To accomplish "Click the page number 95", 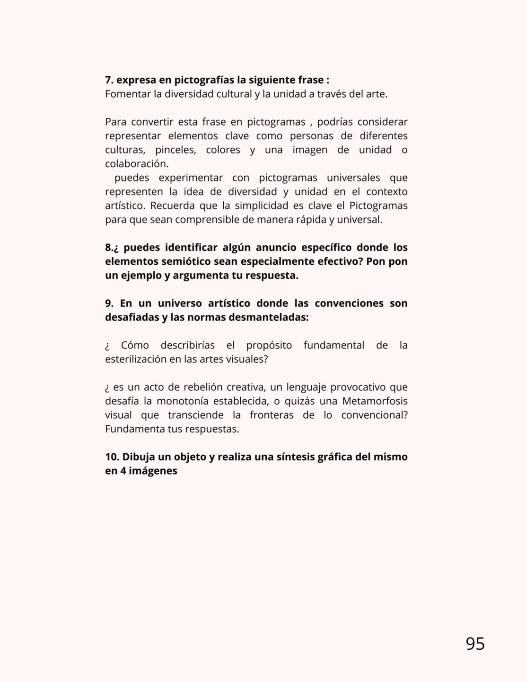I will click(475, 644).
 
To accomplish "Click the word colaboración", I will click(136, 164).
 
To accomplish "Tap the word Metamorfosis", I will click(375, 401).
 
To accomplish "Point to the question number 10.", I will click(112, 457).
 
